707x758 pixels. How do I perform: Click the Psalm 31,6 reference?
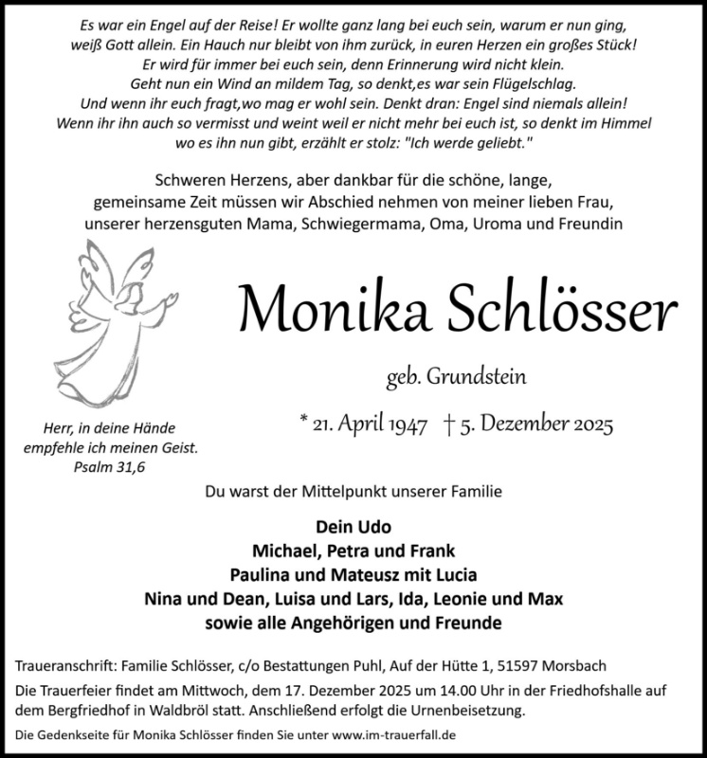[x=114, y=465]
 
